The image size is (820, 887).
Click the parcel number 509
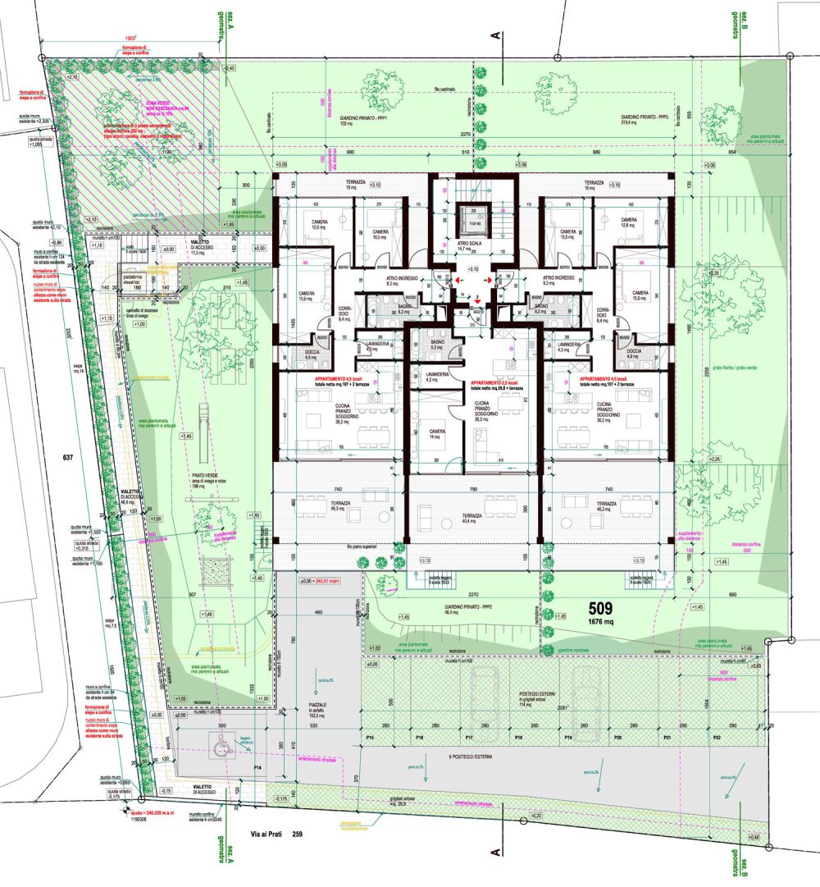pos(604,609)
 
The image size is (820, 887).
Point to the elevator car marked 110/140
pos(472,220)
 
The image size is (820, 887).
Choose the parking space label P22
pos(716,739)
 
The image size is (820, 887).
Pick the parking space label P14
pos(257,767)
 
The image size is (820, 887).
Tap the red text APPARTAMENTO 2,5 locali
pos(499,383)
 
